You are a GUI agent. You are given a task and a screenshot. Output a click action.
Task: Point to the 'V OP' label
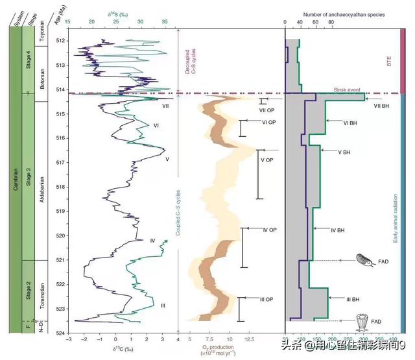[268, 160]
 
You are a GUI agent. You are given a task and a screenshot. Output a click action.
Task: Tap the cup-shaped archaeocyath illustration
[364, 321]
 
